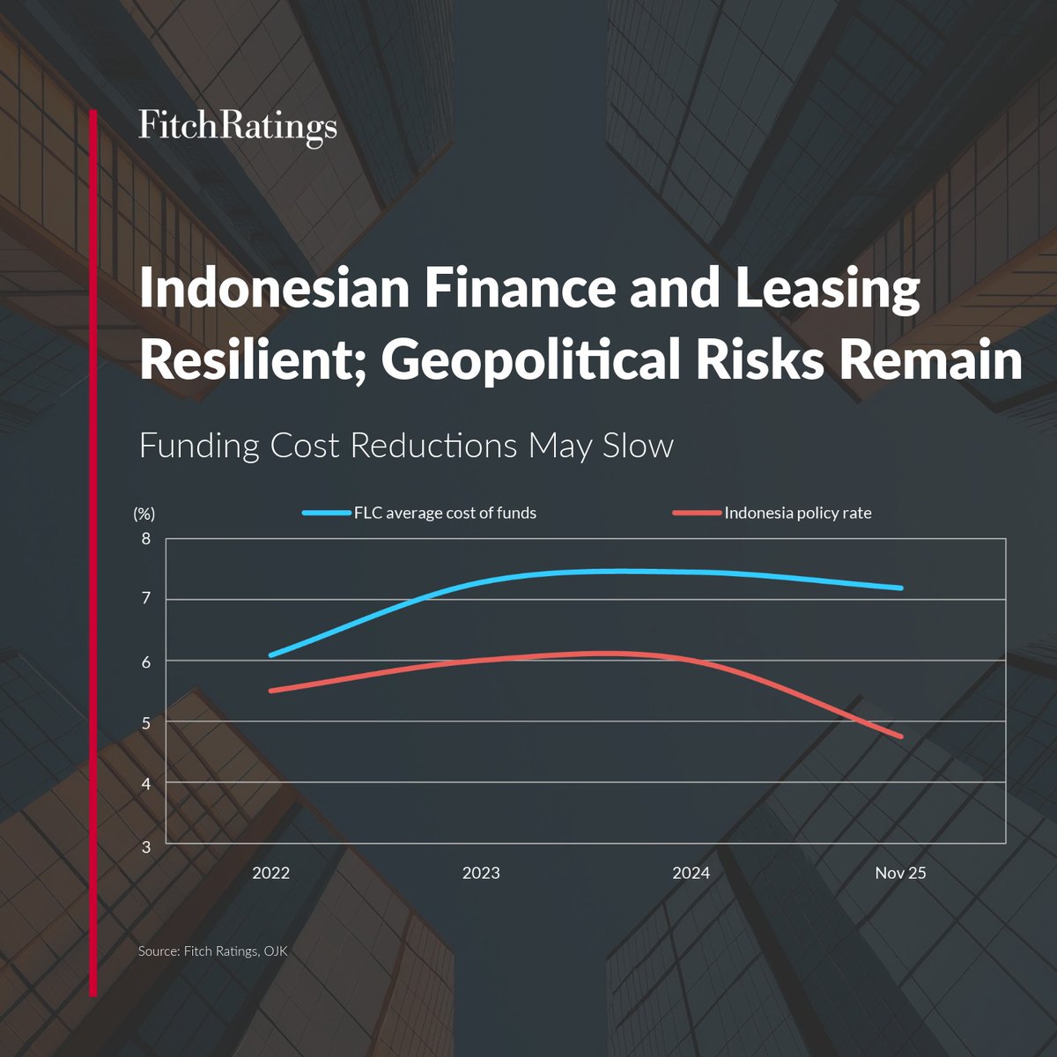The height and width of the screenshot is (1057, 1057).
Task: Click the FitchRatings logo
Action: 238,127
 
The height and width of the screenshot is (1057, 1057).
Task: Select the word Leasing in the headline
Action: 828,290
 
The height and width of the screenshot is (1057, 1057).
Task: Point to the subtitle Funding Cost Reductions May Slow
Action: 406,446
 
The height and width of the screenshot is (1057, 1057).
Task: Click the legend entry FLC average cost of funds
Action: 445,513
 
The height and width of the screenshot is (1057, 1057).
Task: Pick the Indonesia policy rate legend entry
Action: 797,513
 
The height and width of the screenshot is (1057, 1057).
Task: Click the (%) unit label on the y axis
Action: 144,514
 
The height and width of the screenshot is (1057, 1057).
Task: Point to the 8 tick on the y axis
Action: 146,539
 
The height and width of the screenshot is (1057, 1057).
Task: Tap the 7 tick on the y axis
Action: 146,599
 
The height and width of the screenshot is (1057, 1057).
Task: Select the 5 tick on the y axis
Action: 146,723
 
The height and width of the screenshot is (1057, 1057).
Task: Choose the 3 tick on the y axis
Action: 146,846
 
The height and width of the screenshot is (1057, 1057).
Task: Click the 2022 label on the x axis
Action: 270,873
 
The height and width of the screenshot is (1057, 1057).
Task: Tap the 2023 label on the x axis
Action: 481,873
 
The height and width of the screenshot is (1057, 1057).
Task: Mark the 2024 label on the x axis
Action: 691,873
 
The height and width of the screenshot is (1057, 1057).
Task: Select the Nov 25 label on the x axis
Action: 900,873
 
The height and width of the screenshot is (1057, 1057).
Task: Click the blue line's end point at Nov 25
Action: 900,588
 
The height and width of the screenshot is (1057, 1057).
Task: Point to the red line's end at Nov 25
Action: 900,735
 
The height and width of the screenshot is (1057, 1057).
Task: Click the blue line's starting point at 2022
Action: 271,654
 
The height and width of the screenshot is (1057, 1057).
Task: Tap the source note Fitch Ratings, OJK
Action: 213,951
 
